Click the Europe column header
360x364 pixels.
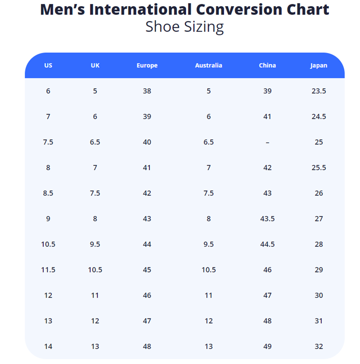[x=147, y=66]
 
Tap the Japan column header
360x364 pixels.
[x=318, y=66]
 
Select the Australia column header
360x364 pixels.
[x=208, y=66]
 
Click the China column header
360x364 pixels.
[x=267, y=66]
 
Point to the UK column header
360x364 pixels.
[x=95, y=66]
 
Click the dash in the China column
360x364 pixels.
[x=267, y=142]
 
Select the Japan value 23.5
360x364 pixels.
[x=318, y=91]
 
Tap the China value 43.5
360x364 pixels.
[x=267, y=219]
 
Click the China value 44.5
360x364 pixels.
[x=267, y=244]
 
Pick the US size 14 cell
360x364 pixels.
[x=48, y=346]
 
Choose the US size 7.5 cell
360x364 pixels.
[x=48, y=142]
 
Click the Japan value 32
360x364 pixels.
[x=318, y=346]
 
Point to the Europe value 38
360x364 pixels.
[x=147, y=91]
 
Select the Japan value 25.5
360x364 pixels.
[x=318, y=168]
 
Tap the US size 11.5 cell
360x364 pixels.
[x=48, y=270]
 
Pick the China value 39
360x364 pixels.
[x=267, y=91]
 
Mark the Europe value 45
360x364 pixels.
[x=147, y=270]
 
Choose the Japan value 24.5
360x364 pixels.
[x=318, y=117]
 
